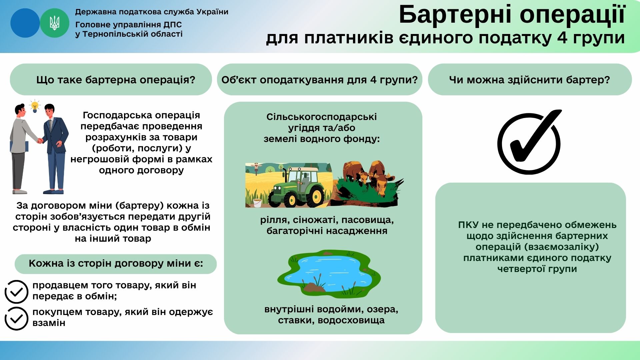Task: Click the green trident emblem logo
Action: (54, 23)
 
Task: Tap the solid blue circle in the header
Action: (25, 23)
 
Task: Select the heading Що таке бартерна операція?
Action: (115, 80)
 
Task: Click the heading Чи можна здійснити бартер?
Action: (529, 80)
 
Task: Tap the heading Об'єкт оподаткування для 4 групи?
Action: (319, 80)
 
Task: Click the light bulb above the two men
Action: (35, 106)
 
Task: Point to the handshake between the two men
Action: (40, 141)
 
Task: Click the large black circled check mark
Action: (529, 143)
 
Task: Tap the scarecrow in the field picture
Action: (256, 168)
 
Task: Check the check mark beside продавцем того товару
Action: (16, 292)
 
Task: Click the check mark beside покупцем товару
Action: (16, 318)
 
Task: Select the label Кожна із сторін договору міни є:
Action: (116, 264)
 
